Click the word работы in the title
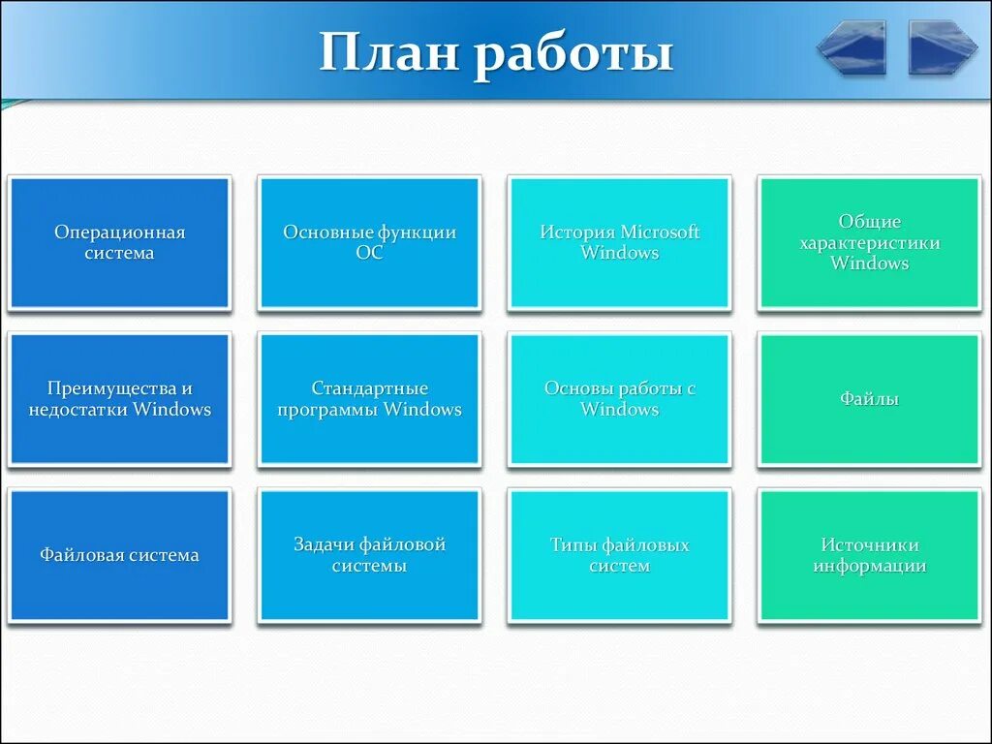573,55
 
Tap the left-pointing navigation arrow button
851,47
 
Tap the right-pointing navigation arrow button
943,47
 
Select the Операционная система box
119,243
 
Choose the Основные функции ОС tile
369,243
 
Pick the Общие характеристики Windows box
869,243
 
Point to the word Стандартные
369,387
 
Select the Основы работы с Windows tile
619,399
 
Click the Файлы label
869,398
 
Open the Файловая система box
119,555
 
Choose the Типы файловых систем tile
619,555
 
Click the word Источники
869,544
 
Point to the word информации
869,566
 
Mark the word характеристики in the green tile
869,243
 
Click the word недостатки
77,410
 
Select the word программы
327,410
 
